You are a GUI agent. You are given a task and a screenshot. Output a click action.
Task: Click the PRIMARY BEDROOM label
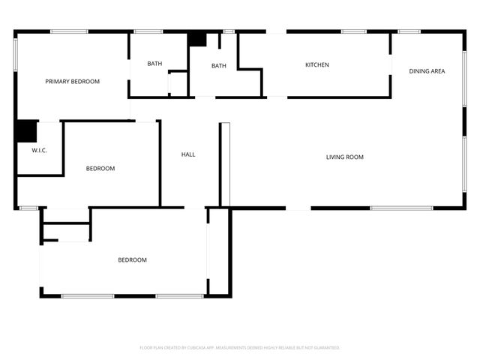point(72,82)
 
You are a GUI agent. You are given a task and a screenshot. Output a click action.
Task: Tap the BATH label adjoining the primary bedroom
point(154,64)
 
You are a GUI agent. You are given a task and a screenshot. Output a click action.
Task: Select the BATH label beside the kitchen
point(218,66)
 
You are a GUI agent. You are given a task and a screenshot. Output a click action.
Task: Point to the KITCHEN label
point(316,65)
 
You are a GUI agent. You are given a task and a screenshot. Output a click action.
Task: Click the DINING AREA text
point(427,71)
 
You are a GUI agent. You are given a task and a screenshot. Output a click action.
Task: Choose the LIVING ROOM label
point(344,157)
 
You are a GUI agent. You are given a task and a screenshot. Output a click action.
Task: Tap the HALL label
point(188,154)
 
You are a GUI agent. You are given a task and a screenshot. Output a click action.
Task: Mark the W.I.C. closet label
point(39,151)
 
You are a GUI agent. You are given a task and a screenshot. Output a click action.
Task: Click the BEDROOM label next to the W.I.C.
point(100,169)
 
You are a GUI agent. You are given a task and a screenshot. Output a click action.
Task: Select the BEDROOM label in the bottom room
point(132,260)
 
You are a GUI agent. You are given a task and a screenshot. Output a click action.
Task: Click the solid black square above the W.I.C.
point(26,131)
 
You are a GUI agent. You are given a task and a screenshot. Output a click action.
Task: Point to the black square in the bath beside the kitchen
point(197,39)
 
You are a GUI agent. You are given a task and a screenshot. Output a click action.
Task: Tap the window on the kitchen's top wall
point(353,31)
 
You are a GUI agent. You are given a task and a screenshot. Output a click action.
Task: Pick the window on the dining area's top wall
point(409,31)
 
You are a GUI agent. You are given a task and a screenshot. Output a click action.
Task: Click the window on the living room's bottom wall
point(401,208)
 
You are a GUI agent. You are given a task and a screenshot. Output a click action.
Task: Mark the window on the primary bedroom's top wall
point(68,31)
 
